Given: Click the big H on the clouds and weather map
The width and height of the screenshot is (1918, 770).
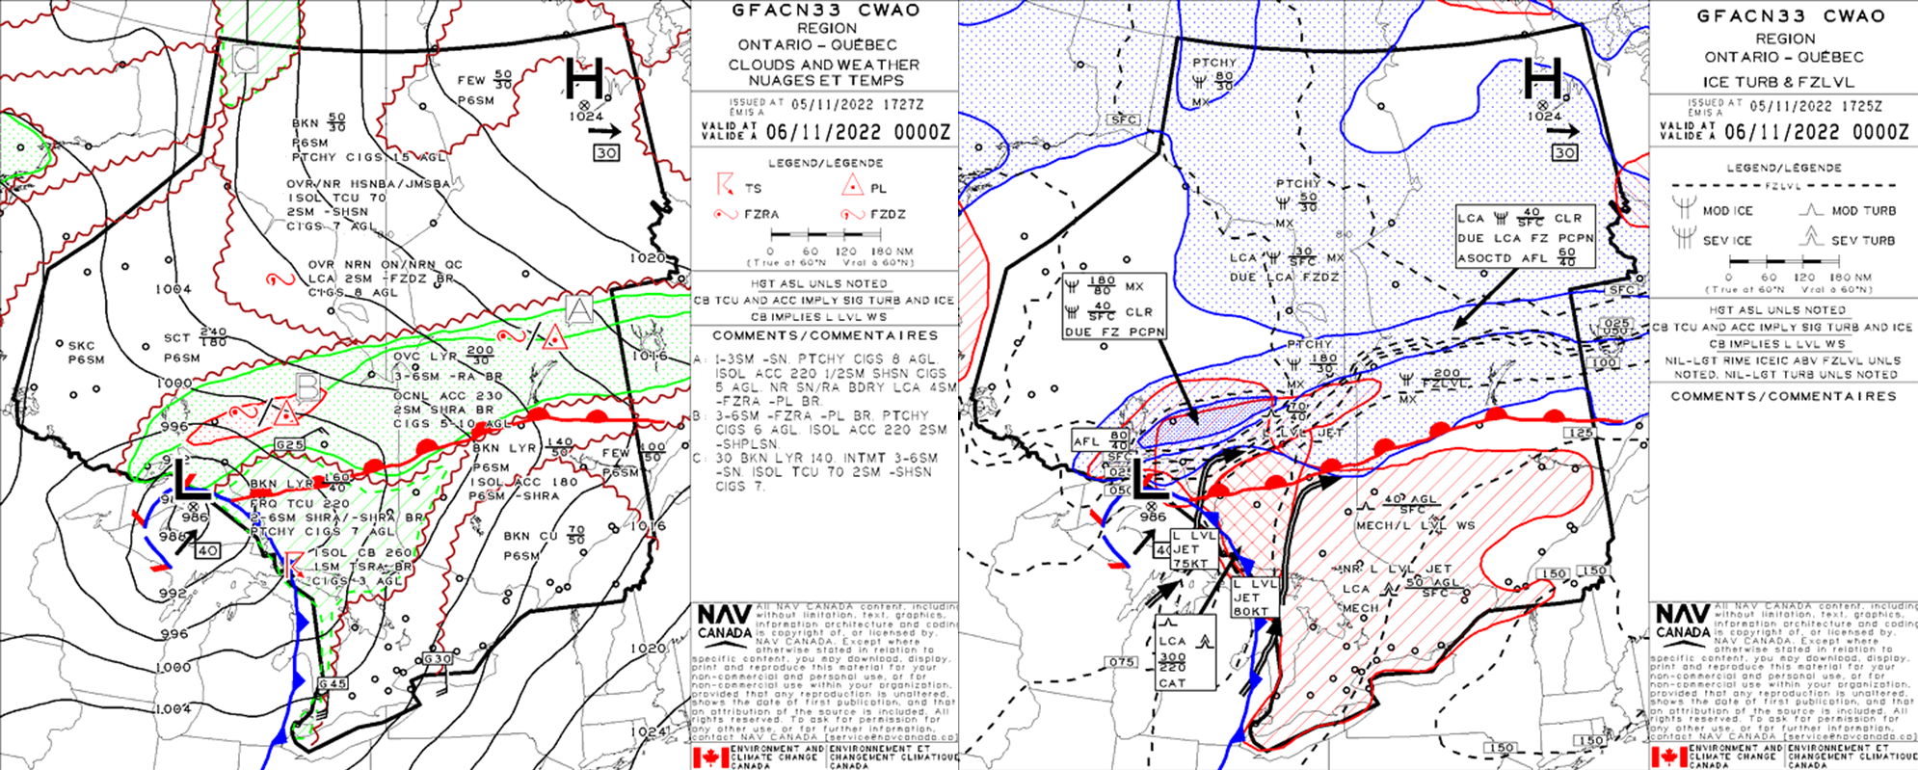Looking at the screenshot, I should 584,76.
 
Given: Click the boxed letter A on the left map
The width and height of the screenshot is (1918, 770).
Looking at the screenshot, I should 579,309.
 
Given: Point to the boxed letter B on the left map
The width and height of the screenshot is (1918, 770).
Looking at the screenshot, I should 307,386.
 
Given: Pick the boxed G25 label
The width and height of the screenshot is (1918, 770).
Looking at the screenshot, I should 289,444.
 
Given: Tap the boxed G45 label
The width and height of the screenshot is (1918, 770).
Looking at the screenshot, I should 333,683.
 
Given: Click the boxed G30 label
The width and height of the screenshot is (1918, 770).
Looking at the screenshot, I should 438,659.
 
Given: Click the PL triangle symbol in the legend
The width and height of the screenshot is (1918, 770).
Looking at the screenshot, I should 852,187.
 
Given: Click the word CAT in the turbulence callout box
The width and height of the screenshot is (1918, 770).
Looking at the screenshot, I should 1173,682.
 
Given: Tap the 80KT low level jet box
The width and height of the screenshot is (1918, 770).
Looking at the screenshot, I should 1251,597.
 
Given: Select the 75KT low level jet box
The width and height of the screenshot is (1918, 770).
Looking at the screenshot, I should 1191,549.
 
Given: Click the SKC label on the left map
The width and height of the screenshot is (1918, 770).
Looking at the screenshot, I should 81,345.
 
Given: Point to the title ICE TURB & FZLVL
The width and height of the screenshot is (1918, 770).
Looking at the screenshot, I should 1784,82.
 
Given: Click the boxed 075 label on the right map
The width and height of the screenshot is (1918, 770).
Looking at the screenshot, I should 1122,662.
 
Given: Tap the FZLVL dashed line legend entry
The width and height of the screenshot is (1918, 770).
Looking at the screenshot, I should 1784,185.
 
